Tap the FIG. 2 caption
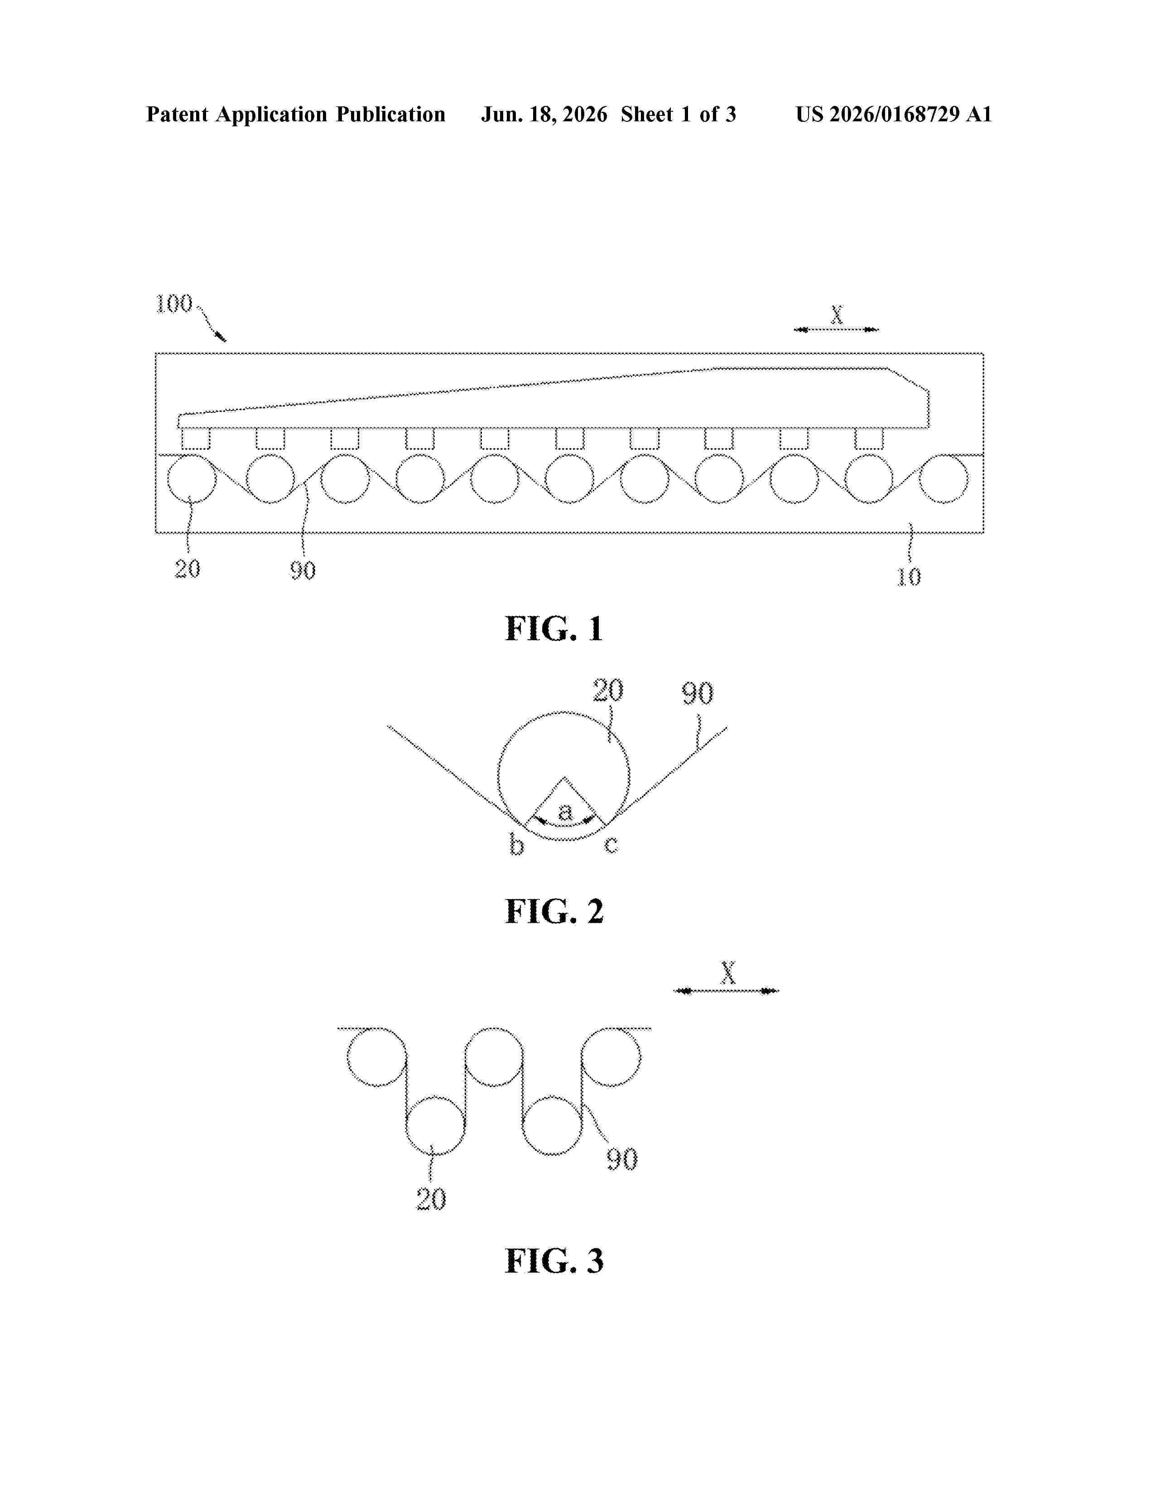point(554,911)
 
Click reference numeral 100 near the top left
point(174,304)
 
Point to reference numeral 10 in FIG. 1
point(909,577)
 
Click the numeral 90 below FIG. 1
point(303,570)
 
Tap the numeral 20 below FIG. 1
point(188,569)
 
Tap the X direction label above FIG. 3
point(728,973)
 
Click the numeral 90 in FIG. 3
point(622,1159)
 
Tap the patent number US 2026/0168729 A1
point(894,114)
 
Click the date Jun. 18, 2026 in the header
point(544,114)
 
